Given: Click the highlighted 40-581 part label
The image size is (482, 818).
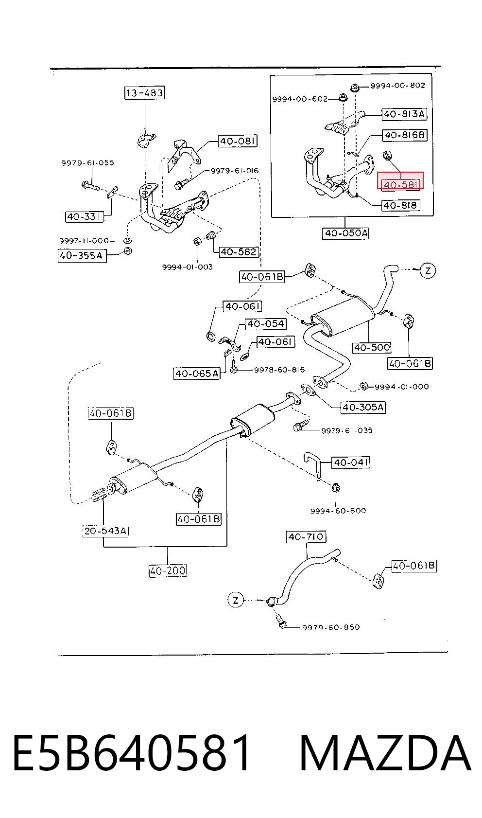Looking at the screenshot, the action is pyautogui.click(x=400, y=181).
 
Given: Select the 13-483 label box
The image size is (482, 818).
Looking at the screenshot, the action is pyautogui.click(x=144, y=93).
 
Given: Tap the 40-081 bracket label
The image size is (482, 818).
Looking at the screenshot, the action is pyautogui.click(x=238, y=141).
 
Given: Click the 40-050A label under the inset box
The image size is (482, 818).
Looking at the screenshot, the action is pyautogui.click(x=345, y=233).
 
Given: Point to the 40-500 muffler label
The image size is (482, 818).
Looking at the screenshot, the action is pyautogui.click(x=372, y=347).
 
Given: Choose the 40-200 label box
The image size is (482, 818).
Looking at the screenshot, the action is pyautogui.click(x=168, y=570).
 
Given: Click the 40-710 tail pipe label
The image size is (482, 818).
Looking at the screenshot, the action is pyautogui.click(x=306, y=536).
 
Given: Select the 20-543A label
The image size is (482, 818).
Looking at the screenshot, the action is pyautogui.click(x=106, y=530).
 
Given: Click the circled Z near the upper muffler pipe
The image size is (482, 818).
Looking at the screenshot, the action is pyautogui.click(x=428, y=270).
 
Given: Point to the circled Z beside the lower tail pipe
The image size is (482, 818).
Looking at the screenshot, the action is pyautogui.click(x=236, y=600).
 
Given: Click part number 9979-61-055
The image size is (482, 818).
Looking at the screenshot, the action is pyautogui.click(x=87, y=163).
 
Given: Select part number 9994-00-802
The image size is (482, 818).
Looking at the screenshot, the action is pyautogui.click(x=398, y=86).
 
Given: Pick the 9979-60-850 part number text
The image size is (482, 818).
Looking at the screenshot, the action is pyautogui.click(x=331, y=627).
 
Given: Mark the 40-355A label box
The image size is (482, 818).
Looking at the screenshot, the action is pyautogui.click(x=82, y=255).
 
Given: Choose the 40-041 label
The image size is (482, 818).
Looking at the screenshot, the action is pyautogui.click(x=351, y=462).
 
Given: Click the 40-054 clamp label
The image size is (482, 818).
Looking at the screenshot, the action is pyautogui.click(x=266, y=323).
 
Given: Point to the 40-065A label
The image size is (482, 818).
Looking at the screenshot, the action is pyautogui.click(x=197, y=373).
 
